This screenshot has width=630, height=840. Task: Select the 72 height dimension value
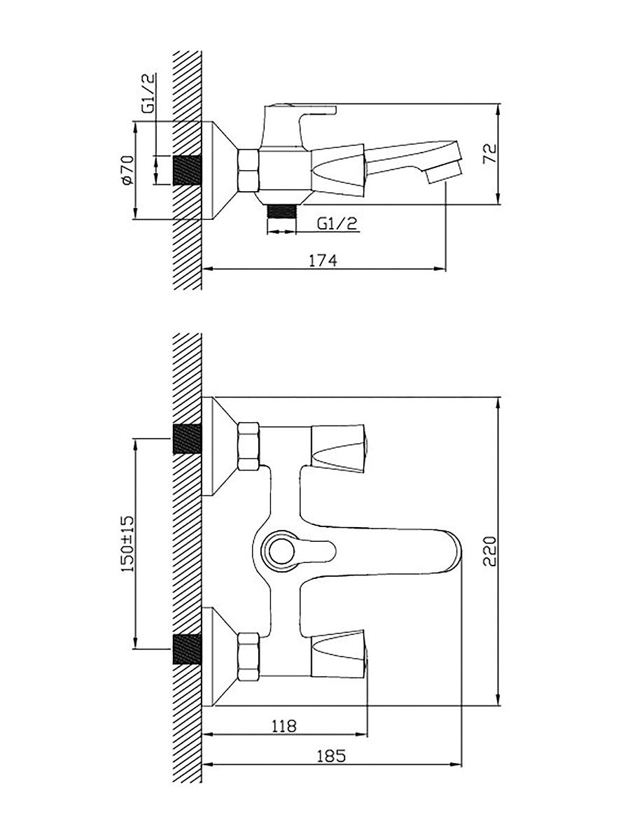(490, 153)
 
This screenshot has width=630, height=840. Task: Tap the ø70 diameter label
(127, 170)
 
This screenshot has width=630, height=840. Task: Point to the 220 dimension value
(489, 552)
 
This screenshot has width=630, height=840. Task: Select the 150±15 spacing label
(127, 543)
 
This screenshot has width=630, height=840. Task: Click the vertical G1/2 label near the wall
(148, 93)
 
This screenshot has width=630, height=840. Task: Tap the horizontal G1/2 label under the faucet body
(337, 223)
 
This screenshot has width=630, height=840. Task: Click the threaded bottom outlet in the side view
(281, 212)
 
